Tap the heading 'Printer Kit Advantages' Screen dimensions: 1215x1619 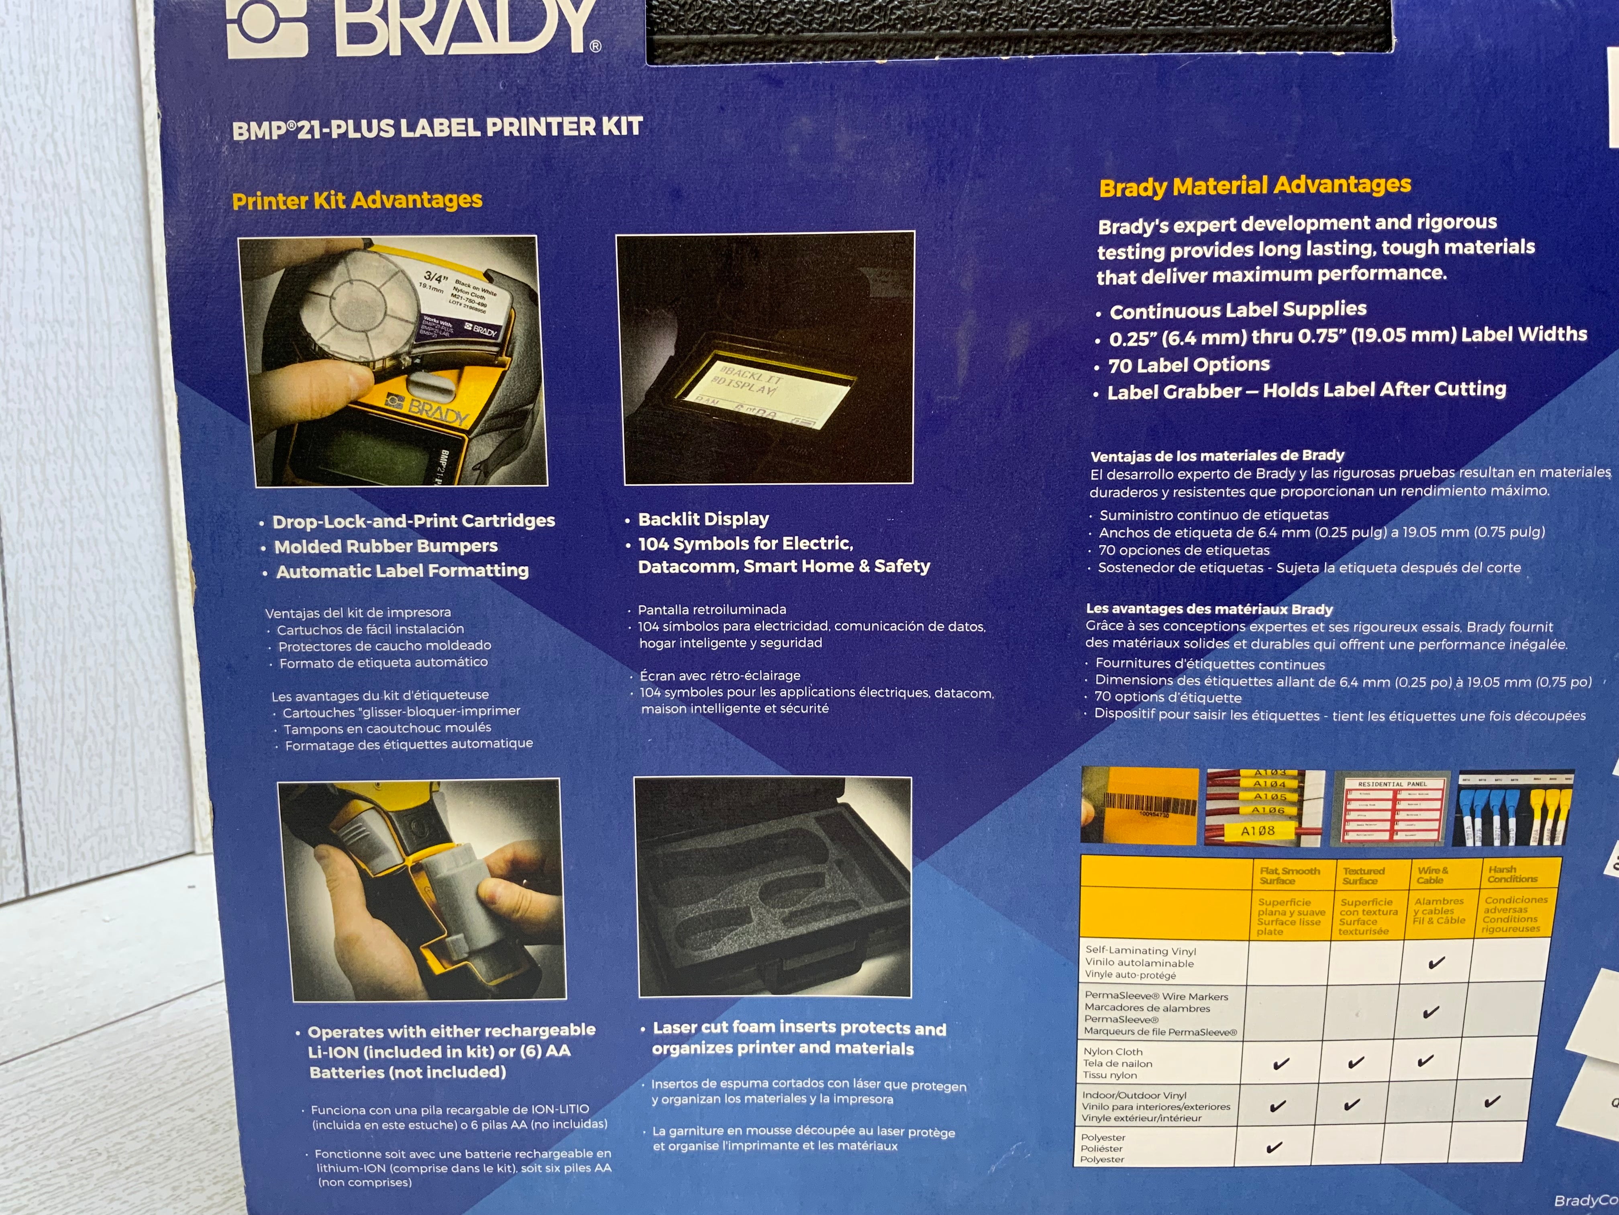tap(357, 200)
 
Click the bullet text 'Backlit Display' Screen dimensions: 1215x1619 tap(703, 519)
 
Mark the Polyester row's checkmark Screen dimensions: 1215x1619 tap(1274, 1147)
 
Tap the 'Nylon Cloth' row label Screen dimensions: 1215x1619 tap(1113, 1052)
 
